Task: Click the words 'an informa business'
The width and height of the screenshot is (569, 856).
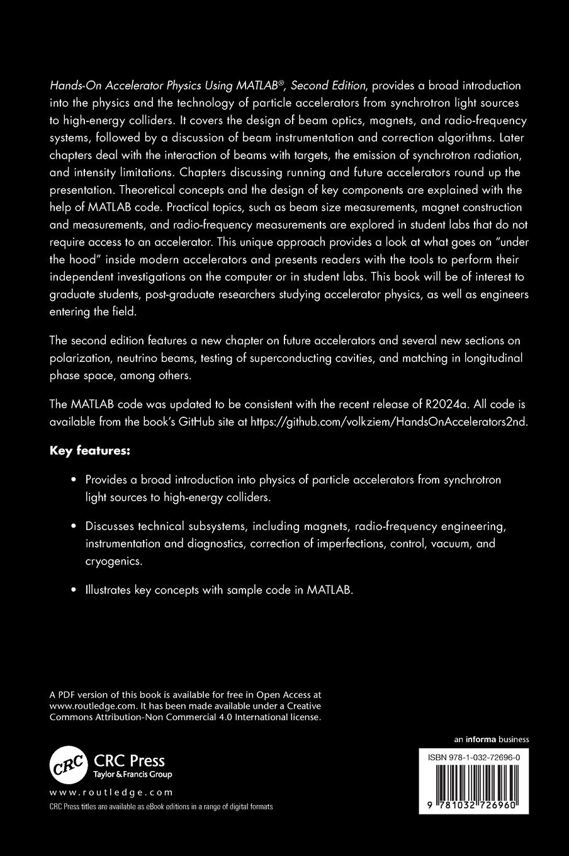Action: pos(491,740)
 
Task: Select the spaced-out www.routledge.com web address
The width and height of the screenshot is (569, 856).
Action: pos(111,792)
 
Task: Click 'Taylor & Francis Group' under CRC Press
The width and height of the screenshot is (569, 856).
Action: pos(132,774)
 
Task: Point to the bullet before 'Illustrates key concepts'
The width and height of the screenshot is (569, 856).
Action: pos(74,590)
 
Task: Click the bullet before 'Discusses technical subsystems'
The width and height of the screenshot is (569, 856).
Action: pos(74,526)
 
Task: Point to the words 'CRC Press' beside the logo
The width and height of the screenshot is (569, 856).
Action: pos(129,760)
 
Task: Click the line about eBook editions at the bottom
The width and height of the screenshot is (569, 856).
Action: pos(161,807)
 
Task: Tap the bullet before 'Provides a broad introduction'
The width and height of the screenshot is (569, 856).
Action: pos(74,480)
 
